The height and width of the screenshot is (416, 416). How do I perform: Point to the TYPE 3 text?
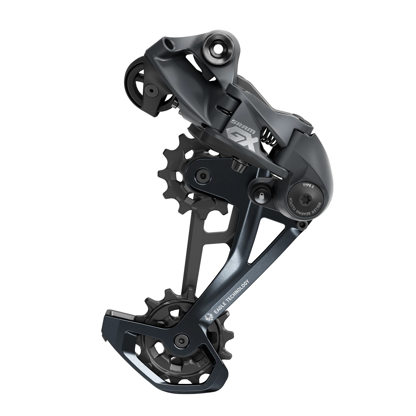(309, 186)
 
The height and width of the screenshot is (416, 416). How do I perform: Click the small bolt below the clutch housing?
(300, 225)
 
